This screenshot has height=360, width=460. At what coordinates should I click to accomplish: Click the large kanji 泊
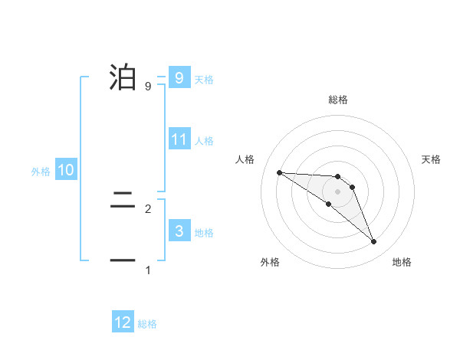123,77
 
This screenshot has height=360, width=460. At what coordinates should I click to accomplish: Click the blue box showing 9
179,78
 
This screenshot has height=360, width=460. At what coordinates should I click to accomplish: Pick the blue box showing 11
179,139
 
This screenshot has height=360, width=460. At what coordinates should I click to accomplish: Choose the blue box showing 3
179,231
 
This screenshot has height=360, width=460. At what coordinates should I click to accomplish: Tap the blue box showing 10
66,171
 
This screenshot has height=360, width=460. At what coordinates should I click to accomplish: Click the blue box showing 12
123,322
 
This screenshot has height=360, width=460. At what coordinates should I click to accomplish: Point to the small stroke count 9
147,87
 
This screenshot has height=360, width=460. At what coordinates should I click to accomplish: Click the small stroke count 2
147,208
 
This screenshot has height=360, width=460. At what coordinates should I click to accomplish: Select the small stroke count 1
147,270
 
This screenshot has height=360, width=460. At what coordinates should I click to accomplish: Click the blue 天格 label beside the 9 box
204,80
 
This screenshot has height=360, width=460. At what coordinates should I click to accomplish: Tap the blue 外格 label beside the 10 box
41,172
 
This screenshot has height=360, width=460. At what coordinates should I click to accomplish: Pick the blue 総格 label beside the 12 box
147,324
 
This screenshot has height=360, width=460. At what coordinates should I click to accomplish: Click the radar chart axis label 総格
338,100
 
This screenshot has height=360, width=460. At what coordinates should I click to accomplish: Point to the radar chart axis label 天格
432,159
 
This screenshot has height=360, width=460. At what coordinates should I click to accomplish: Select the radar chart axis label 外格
270,262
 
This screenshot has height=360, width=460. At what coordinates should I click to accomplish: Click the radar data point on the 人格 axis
279,172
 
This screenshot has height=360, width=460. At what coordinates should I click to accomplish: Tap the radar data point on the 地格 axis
373,241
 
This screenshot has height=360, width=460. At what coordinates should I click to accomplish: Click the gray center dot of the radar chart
338,191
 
